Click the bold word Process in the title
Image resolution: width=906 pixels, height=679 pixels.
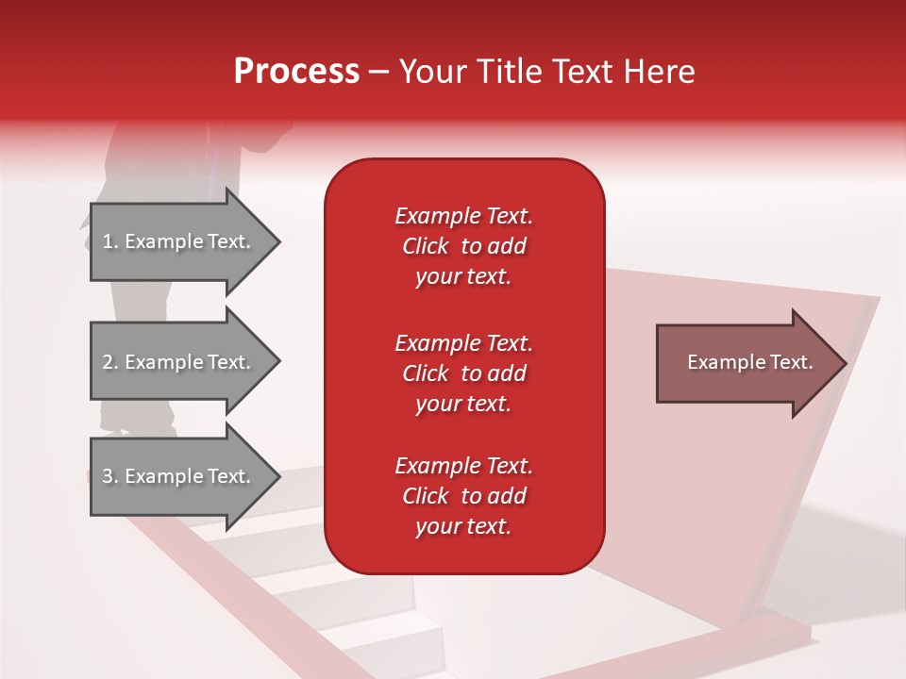click(296, 72)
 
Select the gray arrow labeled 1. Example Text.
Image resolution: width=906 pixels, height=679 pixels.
click(179, 241)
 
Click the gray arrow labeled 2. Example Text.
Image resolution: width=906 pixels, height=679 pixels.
click(179, 362)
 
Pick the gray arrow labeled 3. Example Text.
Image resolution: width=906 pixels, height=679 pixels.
click(179, 476)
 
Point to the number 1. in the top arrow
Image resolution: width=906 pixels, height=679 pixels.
click(110, 241)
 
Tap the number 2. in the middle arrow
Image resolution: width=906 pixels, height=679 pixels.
click(110, 362)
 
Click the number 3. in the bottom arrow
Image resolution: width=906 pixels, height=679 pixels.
click(110, 476)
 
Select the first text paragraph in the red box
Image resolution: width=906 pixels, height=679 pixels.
click(463, 246)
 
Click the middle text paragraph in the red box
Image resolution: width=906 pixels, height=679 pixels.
click(463, 373)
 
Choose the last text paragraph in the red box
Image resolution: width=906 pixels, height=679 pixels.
click(463, 496)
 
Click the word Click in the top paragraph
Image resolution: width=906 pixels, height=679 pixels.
click(426, 246)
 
